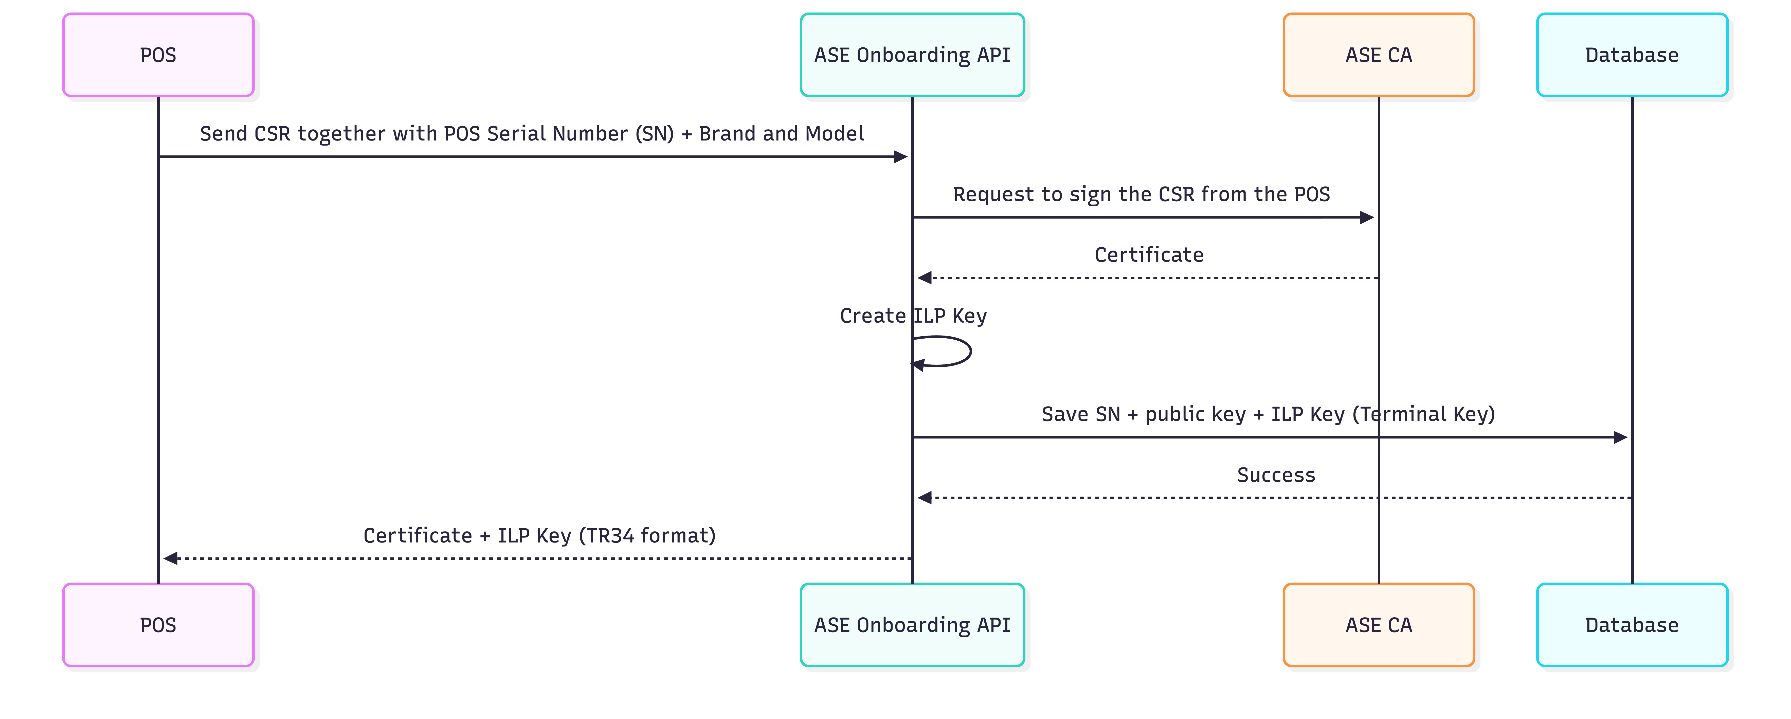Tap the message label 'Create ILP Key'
coord(913,316)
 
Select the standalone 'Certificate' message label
coord(1149,255)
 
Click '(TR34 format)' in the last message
coord(647,535)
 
